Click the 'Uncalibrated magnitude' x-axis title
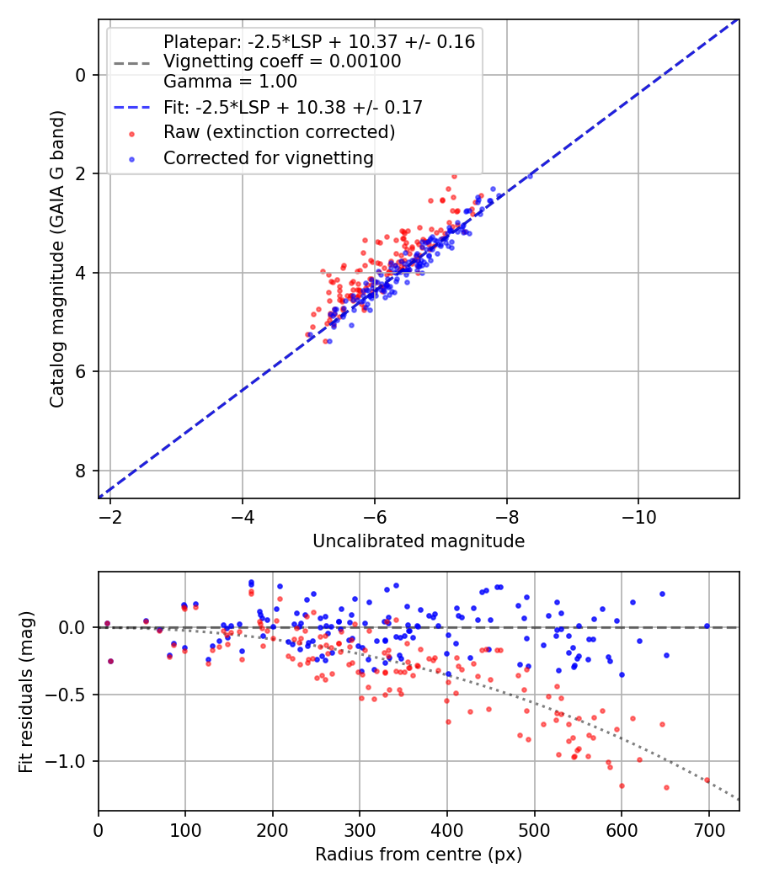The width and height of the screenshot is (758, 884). [419, 541]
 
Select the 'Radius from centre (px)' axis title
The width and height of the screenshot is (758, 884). [419, 855]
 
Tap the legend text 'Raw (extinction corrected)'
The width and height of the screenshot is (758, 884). [279, 132]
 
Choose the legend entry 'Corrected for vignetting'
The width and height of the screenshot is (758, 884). [268, 157]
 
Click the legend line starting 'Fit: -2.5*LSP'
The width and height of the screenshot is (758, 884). [292, 107]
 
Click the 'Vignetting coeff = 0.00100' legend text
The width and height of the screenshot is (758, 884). [282, 61]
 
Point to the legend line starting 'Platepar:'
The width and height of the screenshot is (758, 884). [318, 41]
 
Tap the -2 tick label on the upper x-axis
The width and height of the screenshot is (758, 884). [110, 516]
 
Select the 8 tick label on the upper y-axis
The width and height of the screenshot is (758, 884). [81, 471]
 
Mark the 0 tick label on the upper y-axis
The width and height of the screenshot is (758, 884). [81, 76]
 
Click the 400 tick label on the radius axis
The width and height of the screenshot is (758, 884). [446, 829]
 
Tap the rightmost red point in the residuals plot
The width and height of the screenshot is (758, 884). [707, 780]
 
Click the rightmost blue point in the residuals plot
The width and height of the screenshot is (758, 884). [707, 626]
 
